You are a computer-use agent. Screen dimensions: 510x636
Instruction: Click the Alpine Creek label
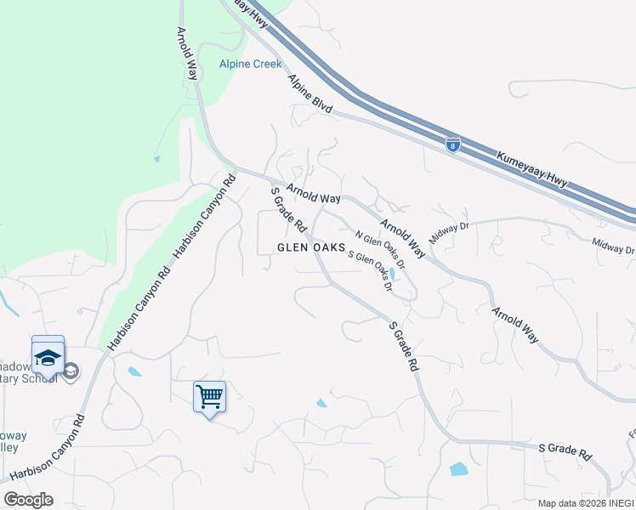[250, 64]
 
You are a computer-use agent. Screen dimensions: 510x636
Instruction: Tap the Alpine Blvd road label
[309, 93]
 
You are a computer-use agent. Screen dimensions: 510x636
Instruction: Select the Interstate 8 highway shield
[452, 144]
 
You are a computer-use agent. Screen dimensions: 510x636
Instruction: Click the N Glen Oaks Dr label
[380, 250]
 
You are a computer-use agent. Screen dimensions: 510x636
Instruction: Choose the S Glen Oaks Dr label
[370, 271]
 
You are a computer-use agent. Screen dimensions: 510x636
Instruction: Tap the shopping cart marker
[209, 397]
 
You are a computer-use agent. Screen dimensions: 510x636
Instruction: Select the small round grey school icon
[71, 371]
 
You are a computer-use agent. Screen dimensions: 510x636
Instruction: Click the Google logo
[28, 500]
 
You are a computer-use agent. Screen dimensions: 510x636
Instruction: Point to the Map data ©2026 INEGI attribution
[585, 503]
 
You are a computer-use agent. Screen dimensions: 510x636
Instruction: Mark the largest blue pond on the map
[459, 468]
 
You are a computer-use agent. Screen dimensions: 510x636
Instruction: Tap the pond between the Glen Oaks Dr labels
[390, 274]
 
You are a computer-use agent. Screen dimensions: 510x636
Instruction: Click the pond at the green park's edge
[156, 158]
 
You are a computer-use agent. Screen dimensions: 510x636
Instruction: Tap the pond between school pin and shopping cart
[134, 371]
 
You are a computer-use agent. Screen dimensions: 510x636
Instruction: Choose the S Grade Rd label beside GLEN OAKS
[288, 210]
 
